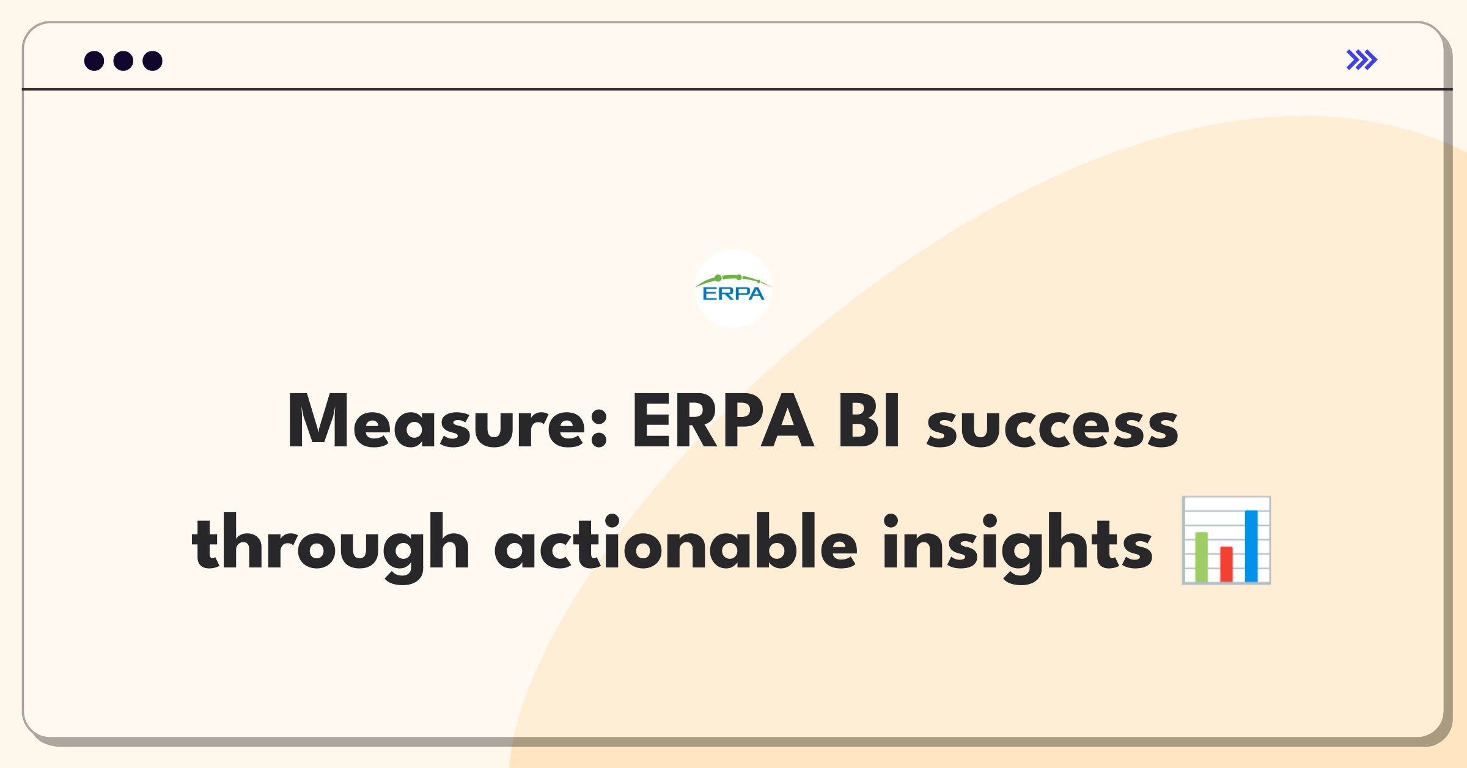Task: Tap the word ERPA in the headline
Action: coord(723,421)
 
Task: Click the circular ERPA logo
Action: coord(733,289)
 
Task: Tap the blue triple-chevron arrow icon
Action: coord(1362,60)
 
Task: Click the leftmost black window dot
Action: coord(94,61)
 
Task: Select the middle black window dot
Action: coord(123,61)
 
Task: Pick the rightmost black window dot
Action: coord(153,61)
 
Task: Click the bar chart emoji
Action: coord(1226,541)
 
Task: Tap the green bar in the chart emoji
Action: coord(1202,557)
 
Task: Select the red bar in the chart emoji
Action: coord(1226,564)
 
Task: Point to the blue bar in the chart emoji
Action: coord(1251,546)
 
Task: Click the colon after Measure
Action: coord(600,428)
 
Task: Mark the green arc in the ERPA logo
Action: coord(733,279)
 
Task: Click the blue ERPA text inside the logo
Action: coord(733,294)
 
